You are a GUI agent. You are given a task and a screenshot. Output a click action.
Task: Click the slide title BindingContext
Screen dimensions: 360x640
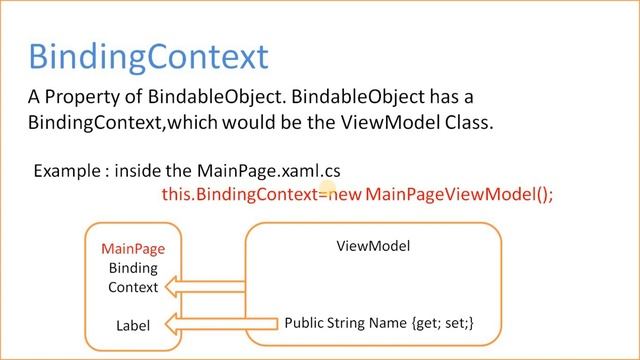pos(148,55)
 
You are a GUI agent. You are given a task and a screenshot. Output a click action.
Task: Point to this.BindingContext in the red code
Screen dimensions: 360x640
pos(238,194)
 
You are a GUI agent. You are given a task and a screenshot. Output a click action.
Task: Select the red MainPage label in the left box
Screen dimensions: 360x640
pos(133,249)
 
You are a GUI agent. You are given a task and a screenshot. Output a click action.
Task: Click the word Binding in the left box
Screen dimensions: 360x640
pos(133,268)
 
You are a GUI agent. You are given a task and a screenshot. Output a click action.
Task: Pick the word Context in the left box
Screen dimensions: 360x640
pos(133,287)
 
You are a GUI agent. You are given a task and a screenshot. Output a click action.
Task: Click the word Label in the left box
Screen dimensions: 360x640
pos(133,324)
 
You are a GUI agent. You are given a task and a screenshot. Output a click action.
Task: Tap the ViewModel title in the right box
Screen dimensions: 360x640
pos(373,245)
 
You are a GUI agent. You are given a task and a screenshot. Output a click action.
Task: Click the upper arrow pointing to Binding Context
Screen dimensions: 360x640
pos(206,287)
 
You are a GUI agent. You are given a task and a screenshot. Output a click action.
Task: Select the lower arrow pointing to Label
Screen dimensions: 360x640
pos(222,323)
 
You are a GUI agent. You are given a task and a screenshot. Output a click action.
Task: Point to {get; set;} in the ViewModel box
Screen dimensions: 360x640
pos(448,323)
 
